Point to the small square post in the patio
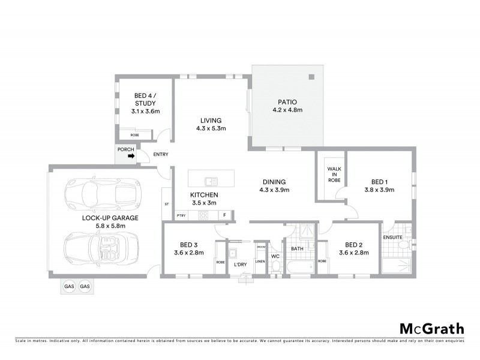point(311,76)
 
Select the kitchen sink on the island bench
point(211,180)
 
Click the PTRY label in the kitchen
point(181,215)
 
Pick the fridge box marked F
point(224,215)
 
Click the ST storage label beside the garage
point(166,205)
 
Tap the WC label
point(275,257)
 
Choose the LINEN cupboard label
point(260,261)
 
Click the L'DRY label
point(239,265)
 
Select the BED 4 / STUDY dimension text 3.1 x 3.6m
point(145,111)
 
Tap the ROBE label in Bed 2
point(322,261)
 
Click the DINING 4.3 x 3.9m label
point(274,186)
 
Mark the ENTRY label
point(160,155)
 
